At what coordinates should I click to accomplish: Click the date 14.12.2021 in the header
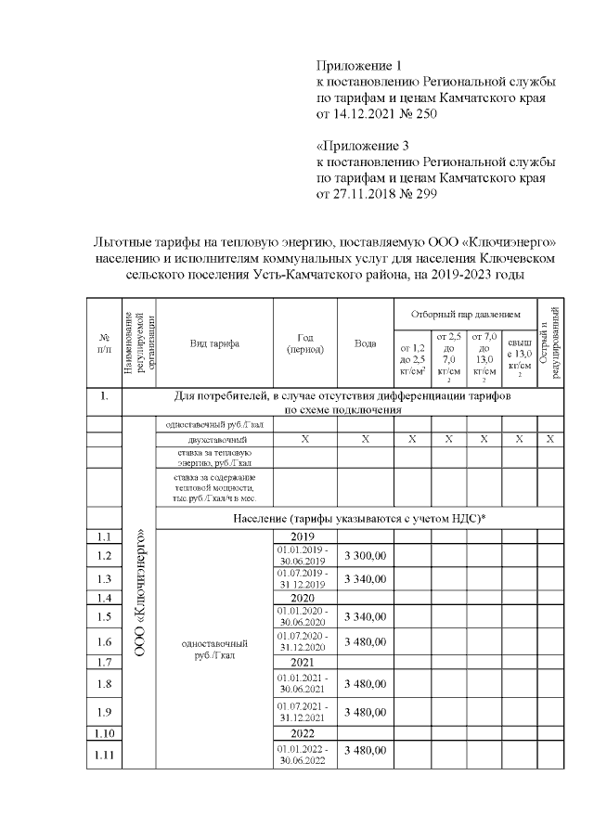click(x=368, y=114)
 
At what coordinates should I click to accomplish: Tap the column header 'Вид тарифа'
click(x=214, y=343)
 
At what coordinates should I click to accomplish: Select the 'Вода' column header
click(x=366, y=343)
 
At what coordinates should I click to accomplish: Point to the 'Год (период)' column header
click(x=304, y=343)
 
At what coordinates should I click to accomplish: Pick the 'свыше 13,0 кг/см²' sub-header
click(x=519, y=358)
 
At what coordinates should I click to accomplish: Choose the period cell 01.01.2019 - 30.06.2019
click(x=304, y=556)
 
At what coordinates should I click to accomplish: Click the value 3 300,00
click(x=365, y=556)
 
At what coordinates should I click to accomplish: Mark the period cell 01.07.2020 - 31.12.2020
click(x=304, y=641)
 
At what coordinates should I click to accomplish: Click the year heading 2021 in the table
click(x=304, y=663)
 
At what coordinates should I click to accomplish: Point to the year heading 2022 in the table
click(x=304, y=732)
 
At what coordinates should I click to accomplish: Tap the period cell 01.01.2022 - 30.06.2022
click(x=304, y=755)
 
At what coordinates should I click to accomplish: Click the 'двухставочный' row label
click(x=215, y=438)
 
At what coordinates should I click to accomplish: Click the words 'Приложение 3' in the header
click(x=362, y=147)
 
